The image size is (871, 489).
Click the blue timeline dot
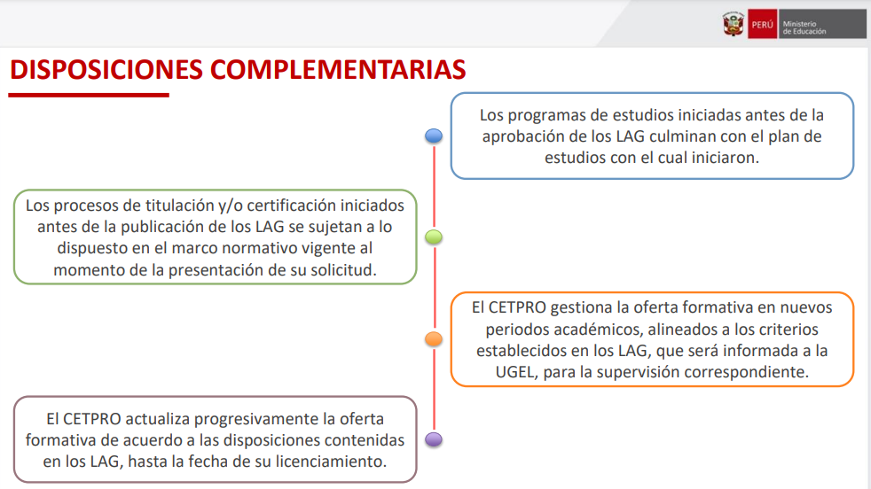tap(433, 136)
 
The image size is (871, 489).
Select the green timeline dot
tap(433, 237)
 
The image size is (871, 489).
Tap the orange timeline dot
tap(433, 338)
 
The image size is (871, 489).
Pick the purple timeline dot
tap(433, 439)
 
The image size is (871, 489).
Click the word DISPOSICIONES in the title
tap(106, 70)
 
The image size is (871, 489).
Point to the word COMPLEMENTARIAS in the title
tap(338, 70)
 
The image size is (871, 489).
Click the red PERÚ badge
tap(762, 25)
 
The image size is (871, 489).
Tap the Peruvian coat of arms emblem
tap(734, 24)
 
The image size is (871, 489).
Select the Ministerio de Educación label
tap(804, 27)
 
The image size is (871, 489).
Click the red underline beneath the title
tap(89, 96)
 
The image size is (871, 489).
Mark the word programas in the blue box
tap(547, 115)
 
